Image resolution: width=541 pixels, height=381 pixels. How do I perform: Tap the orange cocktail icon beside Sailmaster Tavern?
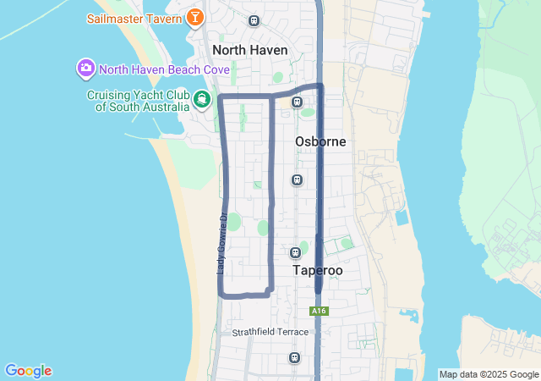coord(195,17)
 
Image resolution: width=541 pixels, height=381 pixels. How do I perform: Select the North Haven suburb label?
coord(250,50)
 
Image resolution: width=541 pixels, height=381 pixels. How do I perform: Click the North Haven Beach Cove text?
coord(164,69)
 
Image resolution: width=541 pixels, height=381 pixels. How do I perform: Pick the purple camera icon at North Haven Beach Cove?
coord(85,68)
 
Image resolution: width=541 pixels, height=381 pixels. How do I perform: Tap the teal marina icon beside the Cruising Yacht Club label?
coord(202,100)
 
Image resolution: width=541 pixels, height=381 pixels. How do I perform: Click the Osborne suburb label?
coord(320,141)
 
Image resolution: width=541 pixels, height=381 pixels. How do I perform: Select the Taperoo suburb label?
coord(318,270)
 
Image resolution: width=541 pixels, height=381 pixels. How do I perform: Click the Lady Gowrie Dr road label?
coord(221,242)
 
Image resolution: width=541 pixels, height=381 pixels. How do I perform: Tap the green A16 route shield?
coord(319,311)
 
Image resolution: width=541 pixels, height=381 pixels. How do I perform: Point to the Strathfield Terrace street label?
coord(270,332)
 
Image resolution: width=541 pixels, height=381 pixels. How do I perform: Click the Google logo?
coord(28,371)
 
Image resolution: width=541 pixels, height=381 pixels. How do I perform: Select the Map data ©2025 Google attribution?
coord(489,374)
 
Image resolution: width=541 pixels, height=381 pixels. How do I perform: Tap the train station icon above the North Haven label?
coord(254,20)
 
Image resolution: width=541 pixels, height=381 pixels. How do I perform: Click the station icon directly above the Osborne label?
coord(297,102)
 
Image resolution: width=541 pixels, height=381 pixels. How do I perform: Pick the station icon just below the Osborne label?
coord(297,179)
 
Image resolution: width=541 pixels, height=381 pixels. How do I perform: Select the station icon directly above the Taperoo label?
coord(295,252)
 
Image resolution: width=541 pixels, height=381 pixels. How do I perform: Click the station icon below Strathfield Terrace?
coord(294,357)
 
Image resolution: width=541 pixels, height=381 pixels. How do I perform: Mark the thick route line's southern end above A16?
coord(319,290)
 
